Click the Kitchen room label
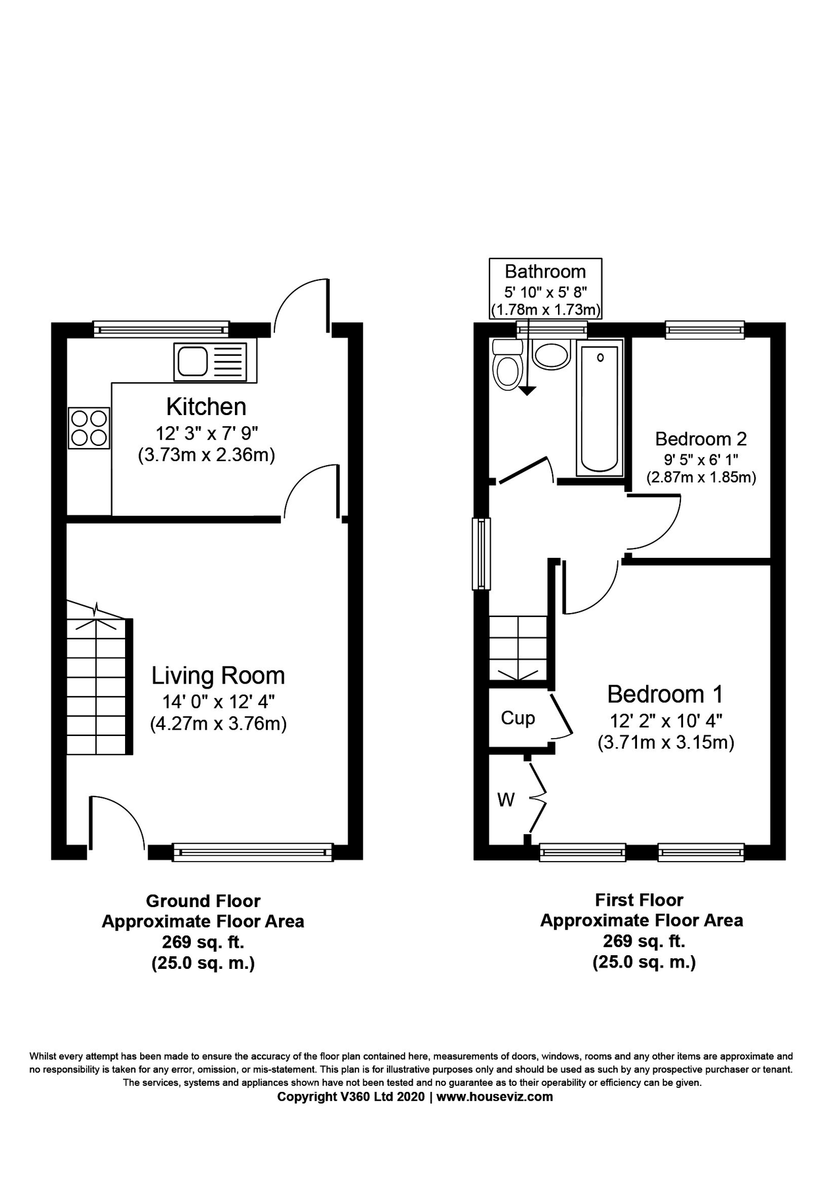(x=206, y=407)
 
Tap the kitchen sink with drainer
(x=215, y=362)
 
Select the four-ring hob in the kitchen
(x=89, y=428)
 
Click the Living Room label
(x=218, y=676)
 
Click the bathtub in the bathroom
(x=599, y=408)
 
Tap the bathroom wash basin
(x=551, y=356)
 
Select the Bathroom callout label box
(x=545, y=288)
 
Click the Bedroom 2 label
(x=701, y=439)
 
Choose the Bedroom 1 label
(x=665, y=694)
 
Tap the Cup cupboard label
(x=518, y=718)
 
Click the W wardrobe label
(x=505, y=800)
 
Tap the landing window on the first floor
(x=482, y=553)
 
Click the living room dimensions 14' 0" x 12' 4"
(x=218, y=701)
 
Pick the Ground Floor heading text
(x=203, y=900)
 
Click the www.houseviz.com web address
(x=494, y=1097)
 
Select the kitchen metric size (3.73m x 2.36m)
(x=206, y=455)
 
